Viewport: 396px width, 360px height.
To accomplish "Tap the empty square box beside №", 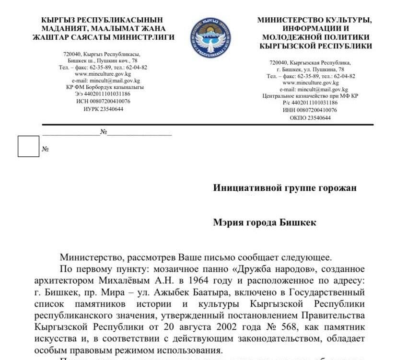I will click(28, 146).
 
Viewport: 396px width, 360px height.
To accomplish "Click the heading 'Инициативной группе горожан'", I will click(284, 188).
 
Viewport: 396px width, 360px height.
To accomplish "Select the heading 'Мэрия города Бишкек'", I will click(265, 223).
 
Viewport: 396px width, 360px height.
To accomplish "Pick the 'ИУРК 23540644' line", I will click(103, 109).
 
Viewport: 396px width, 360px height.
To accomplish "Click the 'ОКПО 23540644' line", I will click(310, 117).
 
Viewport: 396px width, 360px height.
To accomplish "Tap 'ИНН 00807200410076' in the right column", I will click(310, 110).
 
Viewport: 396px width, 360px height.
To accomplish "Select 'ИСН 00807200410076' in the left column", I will click(103, 102).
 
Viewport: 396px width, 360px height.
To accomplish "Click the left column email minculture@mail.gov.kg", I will click(103, 81).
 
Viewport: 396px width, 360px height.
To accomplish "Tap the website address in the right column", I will click(310, 82).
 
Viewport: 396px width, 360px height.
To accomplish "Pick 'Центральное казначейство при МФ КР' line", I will click(310, 96).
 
